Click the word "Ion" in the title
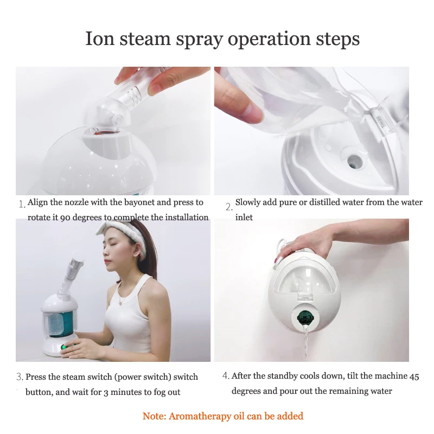pos(100,39)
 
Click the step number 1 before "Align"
pos(22,205)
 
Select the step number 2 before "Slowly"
pos(229,207)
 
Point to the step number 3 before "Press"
pos(20,376)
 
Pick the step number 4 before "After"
pos(226,375)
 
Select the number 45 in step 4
pos(414,376)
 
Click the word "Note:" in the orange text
pos(154,416)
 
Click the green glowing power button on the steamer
pos(64,347)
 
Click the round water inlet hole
pos(352,161)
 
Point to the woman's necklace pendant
pos(120,303)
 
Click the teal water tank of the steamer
pos(60,323)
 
